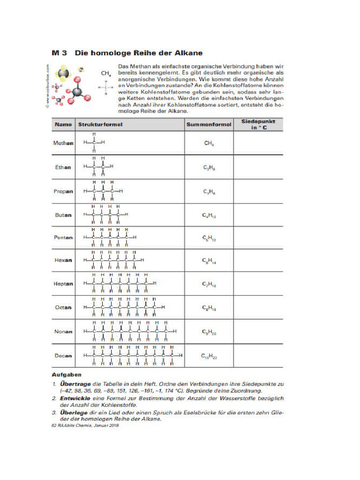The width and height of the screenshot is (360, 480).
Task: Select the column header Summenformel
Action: coord(209,124)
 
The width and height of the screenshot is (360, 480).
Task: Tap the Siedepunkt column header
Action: coord(258,124)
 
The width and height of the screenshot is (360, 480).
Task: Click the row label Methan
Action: coord(63,142)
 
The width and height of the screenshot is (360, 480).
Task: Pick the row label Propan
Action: coord(63,191)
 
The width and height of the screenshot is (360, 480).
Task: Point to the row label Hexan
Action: coord(63,260)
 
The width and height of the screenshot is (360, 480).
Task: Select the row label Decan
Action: coord(63,355)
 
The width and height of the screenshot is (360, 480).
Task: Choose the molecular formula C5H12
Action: coord(209,238)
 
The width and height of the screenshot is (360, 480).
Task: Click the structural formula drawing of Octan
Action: coord(124,307)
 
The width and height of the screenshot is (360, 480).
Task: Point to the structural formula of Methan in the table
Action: coord(94,142)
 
